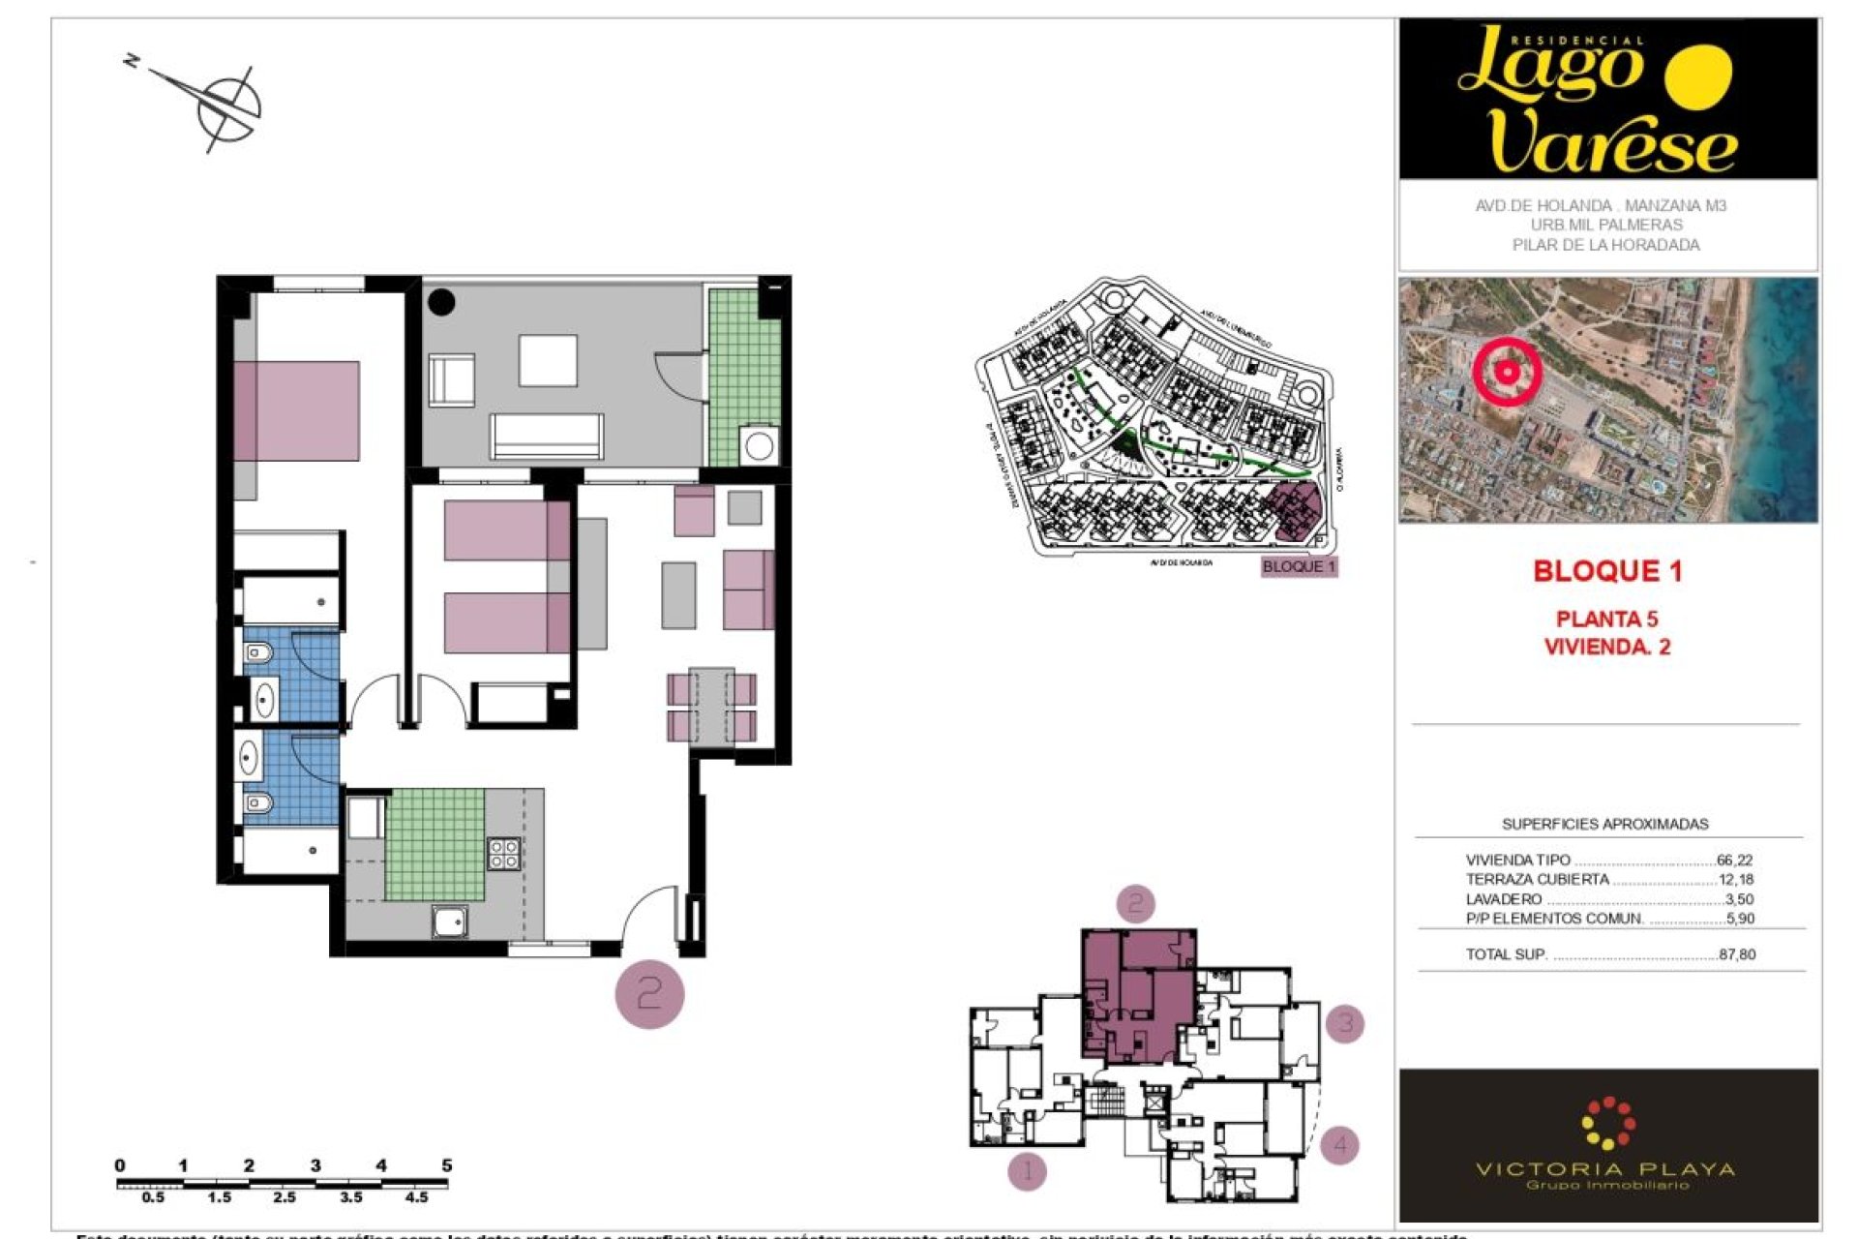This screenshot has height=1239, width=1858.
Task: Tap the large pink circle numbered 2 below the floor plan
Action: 649,993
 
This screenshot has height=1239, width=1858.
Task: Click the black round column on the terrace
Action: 441,302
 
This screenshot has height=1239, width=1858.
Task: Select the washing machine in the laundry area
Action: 759,446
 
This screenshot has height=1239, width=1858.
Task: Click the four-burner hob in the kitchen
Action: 503,854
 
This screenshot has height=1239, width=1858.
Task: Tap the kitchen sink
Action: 450,922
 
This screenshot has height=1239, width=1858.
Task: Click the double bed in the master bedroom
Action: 297,411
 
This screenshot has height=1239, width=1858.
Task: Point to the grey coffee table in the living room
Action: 678,595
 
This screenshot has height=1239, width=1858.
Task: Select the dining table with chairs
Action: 711,707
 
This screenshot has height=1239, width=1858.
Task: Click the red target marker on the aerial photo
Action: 1507,371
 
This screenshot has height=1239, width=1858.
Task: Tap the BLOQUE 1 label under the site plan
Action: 1299,566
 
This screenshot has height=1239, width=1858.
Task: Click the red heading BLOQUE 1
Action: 1607,571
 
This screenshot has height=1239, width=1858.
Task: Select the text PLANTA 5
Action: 1606,619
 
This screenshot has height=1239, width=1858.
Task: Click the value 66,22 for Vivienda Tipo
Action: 1734,860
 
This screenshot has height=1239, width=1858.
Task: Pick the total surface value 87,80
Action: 1737,954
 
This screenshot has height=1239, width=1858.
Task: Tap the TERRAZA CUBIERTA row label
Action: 1537,879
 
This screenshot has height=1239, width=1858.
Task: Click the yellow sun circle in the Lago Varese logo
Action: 1699,76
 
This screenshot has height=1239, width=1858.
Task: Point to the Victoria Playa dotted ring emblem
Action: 1607,1124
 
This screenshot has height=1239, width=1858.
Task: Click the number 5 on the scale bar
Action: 447,1165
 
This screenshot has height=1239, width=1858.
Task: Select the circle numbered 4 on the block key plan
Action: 1340,1145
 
